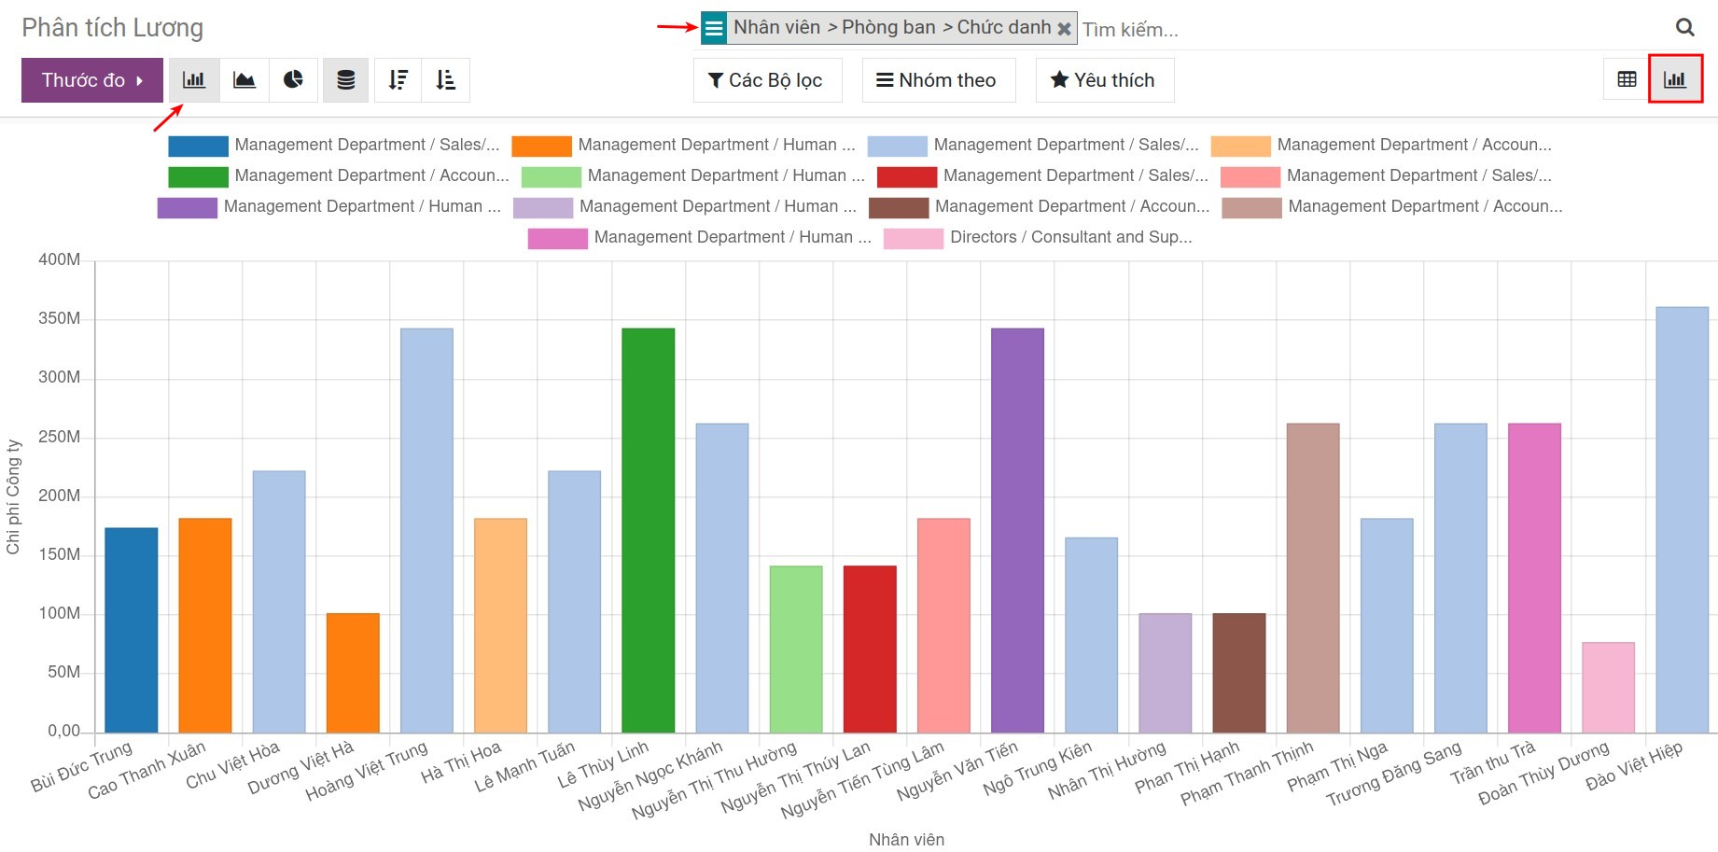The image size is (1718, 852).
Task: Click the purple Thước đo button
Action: (x=91, y=80)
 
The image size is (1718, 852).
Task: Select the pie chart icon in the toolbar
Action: (x=293, y=80)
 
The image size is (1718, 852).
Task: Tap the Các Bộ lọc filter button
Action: (x=766, y=80)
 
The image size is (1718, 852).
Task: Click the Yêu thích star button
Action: (x=1103, y=80)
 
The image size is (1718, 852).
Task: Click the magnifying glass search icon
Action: (x=1684, y=28)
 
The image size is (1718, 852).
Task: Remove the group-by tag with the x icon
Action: (x=1064, y=29)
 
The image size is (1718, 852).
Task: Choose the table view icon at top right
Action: (x=1627, y=80)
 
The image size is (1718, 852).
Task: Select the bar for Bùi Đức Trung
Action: (x=131, y=630)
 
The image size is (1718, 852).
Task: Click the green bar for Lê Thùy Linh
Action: (x=648, y=530)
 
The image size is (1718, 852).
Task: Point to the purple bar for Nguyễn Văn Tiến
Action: (x=1017, y=530)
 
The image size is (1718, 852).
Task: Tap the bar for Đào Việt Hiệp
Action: (x=1682, y=520)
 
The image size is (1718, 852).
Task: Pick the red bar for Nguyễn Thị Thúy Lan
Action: (x=870, y=649)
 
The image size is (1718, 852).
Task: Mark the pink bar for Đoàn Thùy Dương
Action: (x=1608, y=687)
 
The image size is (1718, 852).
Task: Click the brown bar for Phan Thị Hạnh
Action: (x=1238, y=673)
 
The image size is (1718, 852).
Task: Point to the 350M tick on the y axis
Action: (x=60, y=319)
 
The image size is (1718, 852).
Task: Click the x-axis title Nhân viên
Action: (x=906, y=840)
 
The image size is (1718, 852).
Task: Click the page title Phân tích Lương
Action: (x=113, y=28)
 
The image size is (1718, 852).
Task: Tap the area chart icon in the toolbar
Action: (x=244, y=80)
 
